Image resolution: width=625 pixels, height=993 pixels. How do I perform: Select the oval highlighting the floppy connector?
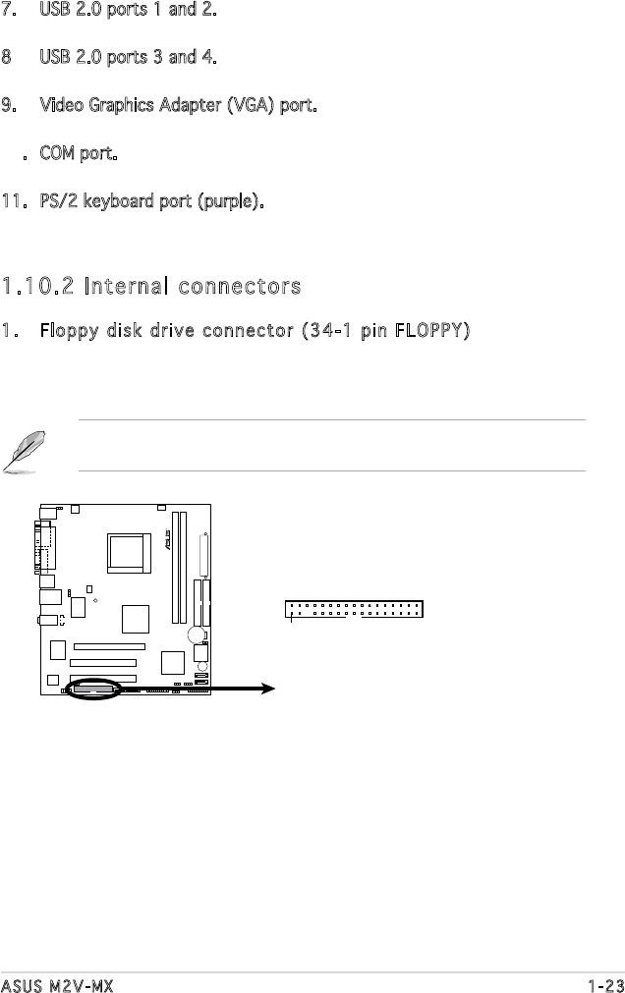coord(94,690)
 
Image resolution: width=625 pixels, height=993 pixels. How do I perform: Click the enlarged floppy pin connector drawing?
coord(354,610)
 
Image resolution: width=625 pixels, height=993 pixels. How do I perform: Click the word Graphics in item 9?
coord(108,104)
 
